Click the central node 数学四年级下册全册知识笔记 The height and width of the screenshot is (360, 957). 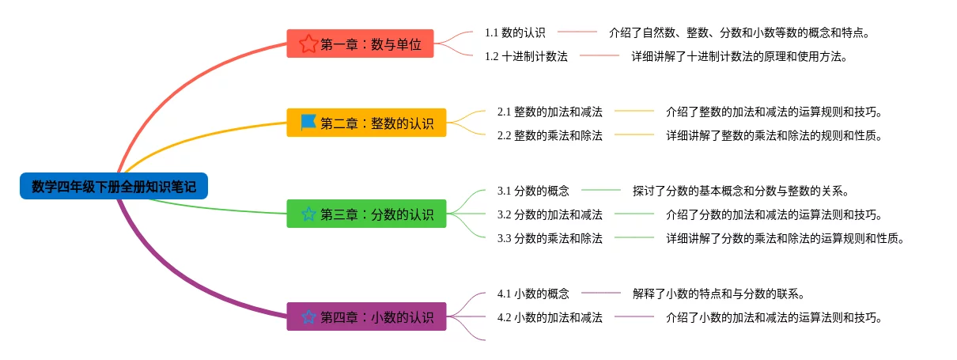114,187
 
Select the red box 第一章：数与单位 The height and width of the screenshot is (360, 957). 360,44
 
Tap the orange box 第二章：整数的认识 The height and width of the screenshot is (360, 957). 366,123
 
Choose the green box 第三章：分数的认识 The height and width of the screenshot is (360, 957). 366,214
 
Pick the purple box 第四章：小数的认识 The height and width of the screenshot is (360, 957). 366,316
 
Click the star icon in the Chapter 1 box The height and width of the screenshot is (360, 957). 308,44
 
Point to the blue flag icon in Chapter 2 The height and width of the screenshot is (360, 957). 308,123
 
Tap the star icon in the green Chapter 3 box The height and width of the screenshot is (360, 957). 308,214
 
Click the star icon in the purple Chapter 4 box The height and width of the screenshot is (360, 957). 308,316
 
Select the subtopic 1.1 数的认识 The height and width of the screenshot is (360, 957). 515,32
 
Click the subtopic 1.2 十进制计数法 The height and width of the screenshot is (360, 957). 526,56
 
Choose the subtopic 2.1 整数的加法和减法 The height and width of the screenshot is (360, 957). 550,112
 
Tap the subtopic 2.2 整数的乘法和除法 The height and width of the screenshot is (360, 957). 550,135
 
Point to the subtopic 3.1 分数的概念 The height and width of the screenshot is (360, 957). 533,191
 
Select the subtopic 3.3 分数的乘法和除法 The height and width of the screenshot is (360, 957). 550,238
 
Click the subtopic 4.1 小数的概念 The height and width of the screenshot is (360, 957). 533,294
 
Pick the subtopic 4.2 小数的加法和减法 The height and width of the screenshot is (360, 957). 550,317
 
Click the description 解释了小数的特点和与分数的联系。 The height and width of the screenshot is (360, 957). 719,294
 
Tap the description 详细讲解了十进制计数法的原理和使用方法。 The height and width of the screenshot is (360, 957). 739,56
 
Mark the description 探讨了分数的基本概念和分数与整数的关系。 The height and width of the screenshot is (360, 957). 741,191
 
